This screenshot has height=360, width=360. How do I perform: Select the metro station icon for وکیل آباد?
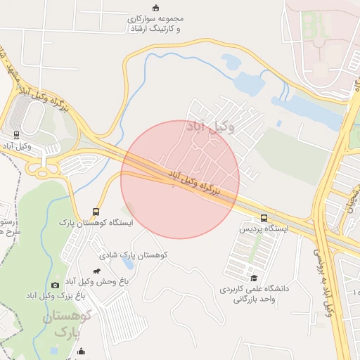tap(16, 134)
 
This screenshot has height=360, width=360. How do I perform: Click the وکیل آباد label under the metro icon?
tap(16, 146)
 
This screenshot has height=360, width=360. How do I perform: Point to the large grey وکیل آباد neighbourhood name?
tap(210, 127)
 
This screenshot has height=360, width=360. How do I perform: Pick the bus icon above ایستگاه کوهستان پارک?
tap(96, 212)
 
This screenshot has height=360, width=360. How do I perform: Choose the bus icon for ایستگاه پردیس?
tap(264, 218)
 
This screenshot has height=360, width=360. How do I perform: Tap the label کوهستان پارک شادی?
tap(132, 255)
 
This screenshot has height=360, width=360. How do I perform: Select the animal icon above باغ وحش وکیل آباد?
tap(96, 272)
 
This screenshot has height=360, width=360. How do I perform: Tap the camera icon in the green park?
tap(55, 285)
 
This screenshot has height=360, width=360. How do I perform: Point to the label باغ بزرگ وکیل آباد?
tap(57, 296)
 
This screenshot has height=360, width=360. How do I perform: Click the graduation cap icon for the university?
tap(254, 277)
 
